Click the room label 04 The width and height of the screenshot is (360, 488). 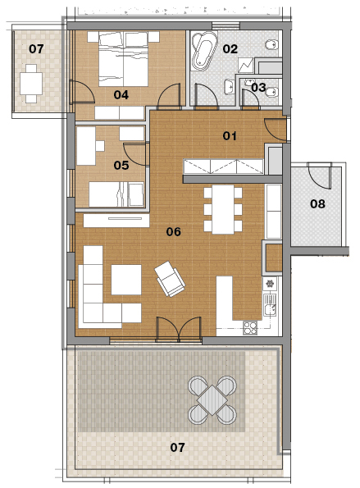(x=121, y=94)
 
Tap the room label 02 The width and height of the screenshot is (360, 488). (x=230, y=49)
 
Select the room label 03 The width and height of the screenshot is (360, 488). (x=258, y=88)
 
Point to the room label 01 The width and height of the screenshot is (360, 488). (x=230, y=135)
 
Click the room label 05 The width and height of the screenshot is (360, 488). (x=121, y=165)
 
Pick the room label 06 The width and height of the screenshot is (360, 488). (x=173, y=231)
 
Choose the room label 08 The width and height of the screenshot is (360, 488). (x=317, y=204)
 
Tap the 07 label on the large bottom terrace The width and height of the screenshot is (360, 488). (x=177, y=448)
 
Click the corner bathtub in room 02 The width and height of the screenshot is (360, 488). (x=204, y=51)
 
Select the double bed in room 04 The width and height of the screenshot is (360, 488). (x=123, y=59)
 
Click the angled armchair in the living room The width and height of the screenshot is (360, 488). (x=170, y=279)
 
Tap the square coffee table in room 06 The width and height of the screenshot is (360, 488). (x=126, y=280)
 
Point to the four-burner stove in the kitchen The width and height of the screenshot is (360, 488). (x=250, y=328)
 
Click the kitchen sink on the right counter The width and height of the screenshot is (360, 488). (x=270, y=304)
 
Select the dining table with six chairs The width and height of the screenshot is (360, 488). (x=223, y=209)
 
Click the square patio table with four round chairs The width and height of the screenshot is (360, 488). (x=212, y=400)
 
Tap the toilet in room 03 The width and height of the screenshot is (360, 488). (x=272, y=92)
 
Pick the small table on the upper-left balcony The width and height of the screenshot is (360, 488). (x=31, y=84)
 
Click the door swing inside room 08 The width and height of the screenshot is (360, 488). (x=319, y=176)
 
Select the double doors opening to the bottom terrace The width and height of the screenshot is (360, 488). (x=179, y=329)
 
